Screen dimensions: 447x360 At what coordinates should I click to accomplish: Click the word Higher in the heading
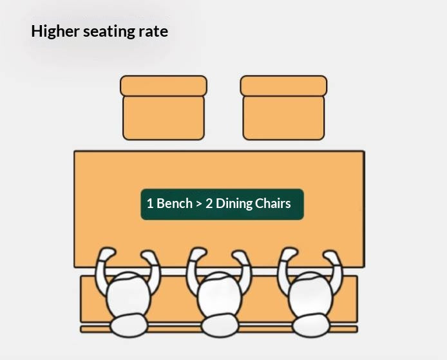coord(55,31)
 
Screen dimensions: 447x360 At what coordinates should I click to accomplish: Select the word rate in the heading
coord(153,32)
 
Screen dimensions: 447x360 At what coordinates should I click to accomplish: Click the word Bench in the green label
coord(175,204)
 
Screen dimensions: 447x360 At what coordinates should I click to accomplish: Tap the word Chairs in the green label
coord(273,204)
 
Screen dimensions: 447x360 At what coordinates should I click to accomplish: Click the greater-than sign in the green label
coord(199,204)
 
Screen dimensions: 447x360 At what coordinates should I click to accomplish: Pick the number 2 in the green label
coord(209,204)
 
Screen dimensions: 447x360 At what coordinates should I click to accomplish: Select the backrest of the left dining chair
coord(164,86)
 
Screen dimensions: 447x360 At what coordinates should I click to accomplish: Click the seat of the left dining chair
coord(164,118)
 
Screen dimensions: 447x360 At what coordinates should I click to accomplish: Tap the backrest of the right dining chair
coord(283,86)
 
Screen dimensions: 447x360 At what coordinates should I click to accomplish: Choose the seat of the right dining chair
coord(283,118)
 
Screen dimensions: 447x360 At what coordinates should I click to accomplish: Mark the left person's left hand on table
coord(107,253)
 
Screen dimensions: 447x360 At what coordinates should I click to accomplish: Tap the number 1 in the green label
coord(150,204)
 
